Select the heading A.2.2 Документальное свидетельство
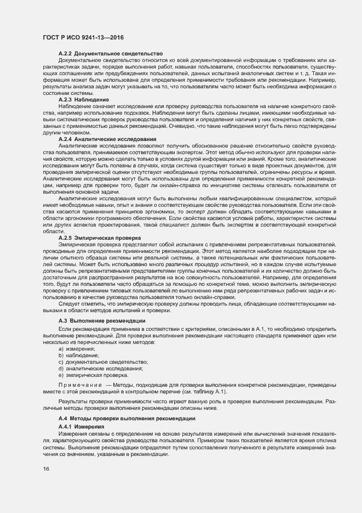[111, 53]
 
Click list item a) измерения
[77, 349]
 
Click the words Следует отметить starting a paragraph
[80, 304]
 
